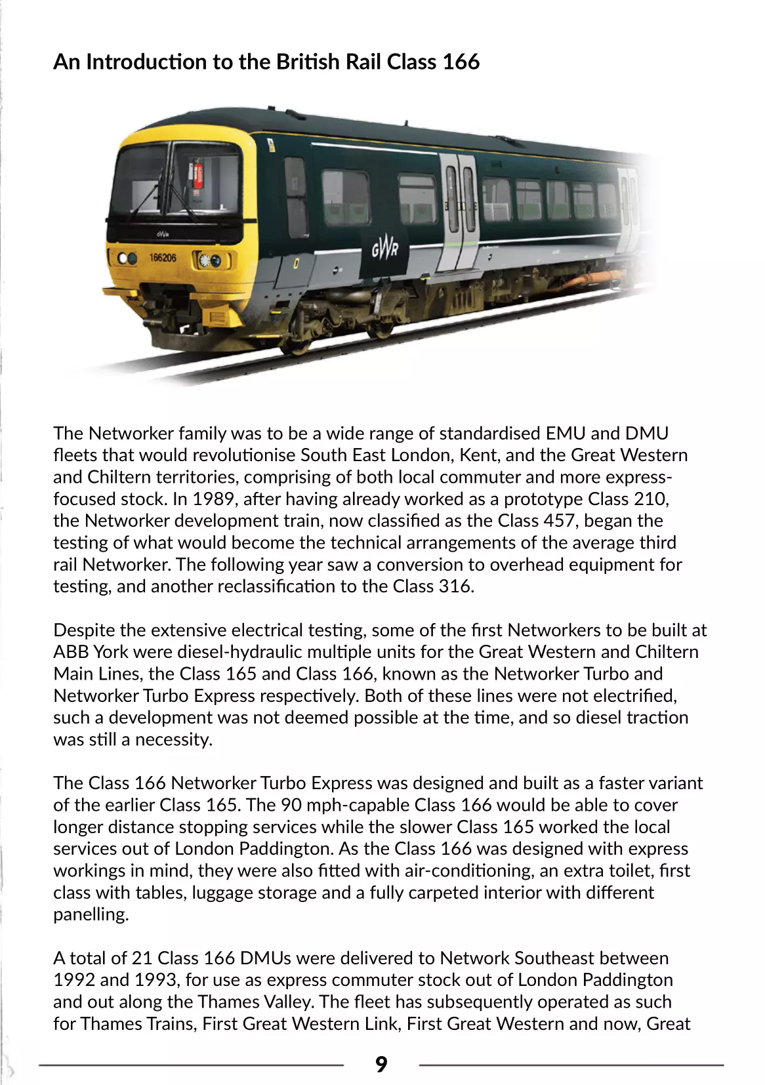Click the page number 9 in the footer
(x=381, y=1064)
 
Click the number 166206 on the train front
(x=163, y=258)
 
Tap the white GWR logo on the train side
(x=384, y=249)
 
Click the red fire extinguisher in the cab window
(x=197, y=174)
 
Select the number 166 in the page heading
(x=460, y=62)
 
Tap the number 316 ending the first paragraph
(x=454, y=586)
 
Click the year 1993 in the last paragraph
(x=155, y=979)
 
